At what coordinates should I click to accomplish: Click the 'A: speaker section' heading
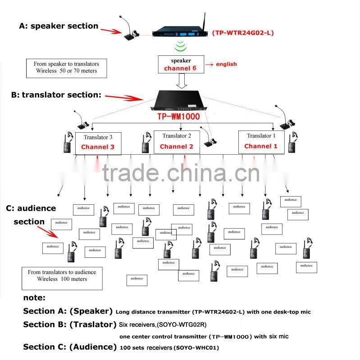(x=59, y=26)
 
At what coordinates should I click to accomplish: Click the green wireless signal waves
(x=181, y=46)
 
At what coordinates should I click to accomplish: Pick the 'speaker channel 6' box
(x=181, y=64)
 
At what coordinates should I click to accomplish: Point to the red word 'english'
(x=226, y=64)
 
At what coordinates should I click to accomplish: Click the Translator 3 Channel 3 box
(x=98, y=143)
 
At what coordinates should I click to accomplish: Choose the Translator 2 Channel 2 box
(x=177, y=142)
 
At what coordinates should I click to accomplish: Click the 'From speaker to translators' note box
(x=66, y=67)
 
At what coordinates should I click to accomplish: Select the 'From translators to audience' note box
(x=62, y=275)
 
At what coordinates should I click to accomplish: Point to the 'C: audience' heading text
(x=31, y=208)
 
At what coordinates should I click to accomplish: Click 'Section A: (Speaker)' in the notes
(x=68, y=311)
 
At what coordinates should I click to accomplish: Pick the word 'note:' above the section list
(x=34, y=297)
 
